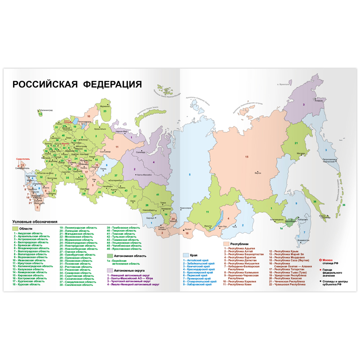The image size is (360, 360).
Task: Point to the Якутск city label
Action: coord(258,172)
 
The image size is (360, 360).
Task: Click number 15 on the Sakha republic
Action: coord(246,156)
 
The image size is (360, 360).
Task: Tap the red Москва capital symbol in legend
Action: coord(320,260)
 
